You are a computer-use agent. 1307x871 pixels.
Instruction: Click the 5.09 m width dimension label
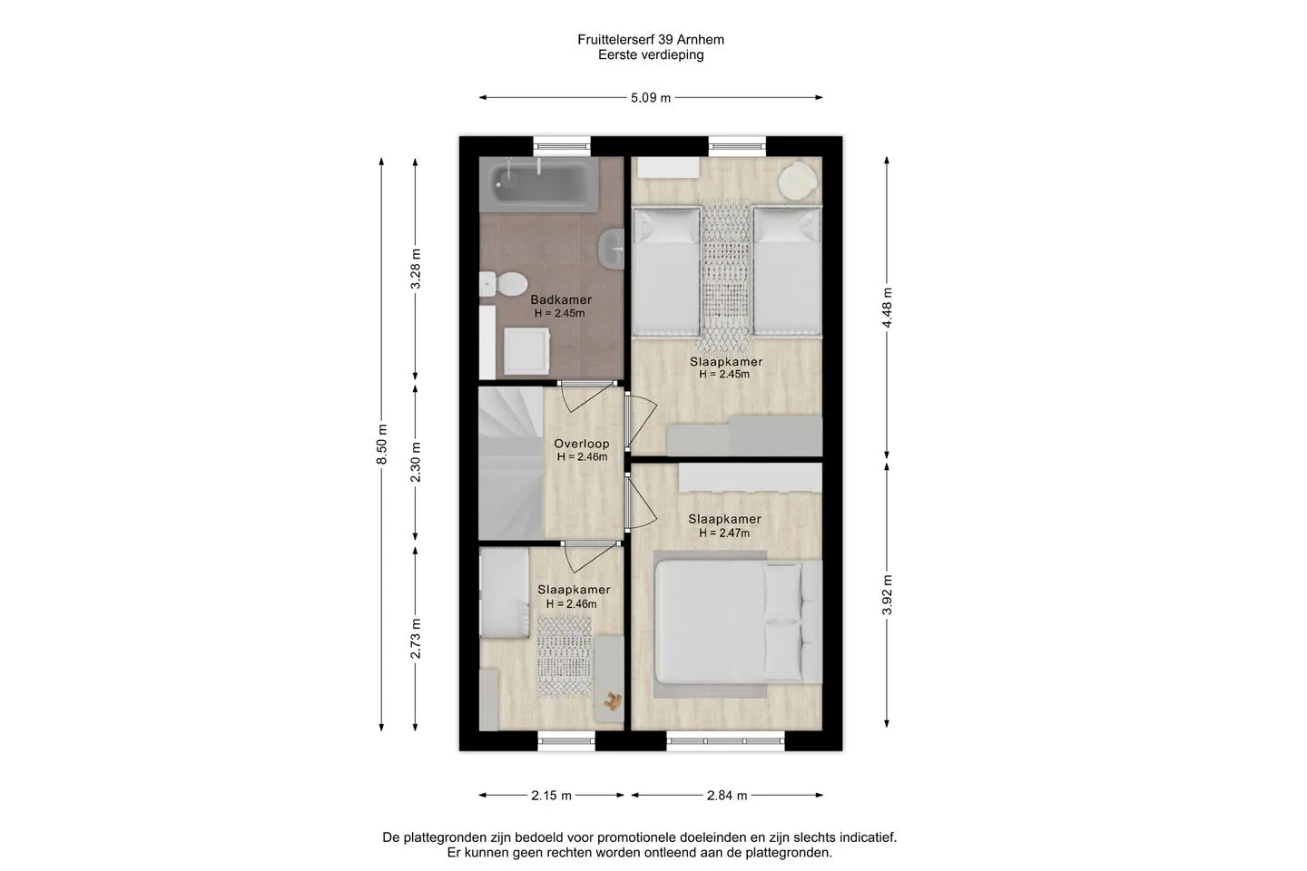click(x=651, y=98)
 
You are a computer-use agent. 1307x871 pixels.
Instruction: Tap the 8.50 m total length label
click(x=381, y=444)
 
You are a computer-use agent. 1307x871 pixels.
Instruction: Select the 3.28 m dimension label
click(x=416, y=269)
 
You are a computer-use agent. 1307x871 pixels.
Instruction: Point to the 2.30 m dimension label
click(x=416, y=462)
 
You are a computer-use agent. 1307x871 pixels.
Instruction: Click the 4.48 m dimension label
click(x=887, y=308)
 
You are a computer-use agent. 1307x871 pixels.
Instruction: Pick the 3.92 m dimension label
click(x=887, y=594)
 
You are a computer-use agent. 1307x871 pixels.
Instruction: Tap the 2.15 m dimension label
click(x=552, y=795)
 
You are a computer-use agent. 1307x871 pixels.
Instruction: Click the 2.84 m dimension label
click(x=727, y=795)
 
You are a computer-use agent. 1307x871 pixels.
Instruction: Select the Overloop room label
click(x=582, y=444)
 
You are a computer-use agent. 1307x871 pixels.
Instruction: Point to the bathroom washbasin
click(x=612, y=250)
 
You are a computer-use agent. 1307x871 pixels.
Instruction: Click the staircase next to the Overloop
click(x=511, y=464)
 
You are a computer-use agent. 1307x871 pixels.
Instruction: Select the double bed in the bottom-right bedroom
click(x=738, y=621)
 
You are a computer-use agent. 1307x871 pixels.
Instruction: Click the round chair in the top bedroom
click(x=799, y=181)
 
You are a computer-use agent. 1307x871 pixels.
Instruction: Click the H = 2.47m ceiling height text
click(x=724, y=533)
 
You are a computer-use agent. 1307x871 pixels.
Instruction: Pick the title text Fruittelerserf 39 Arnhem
click(x=651, y=40)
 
